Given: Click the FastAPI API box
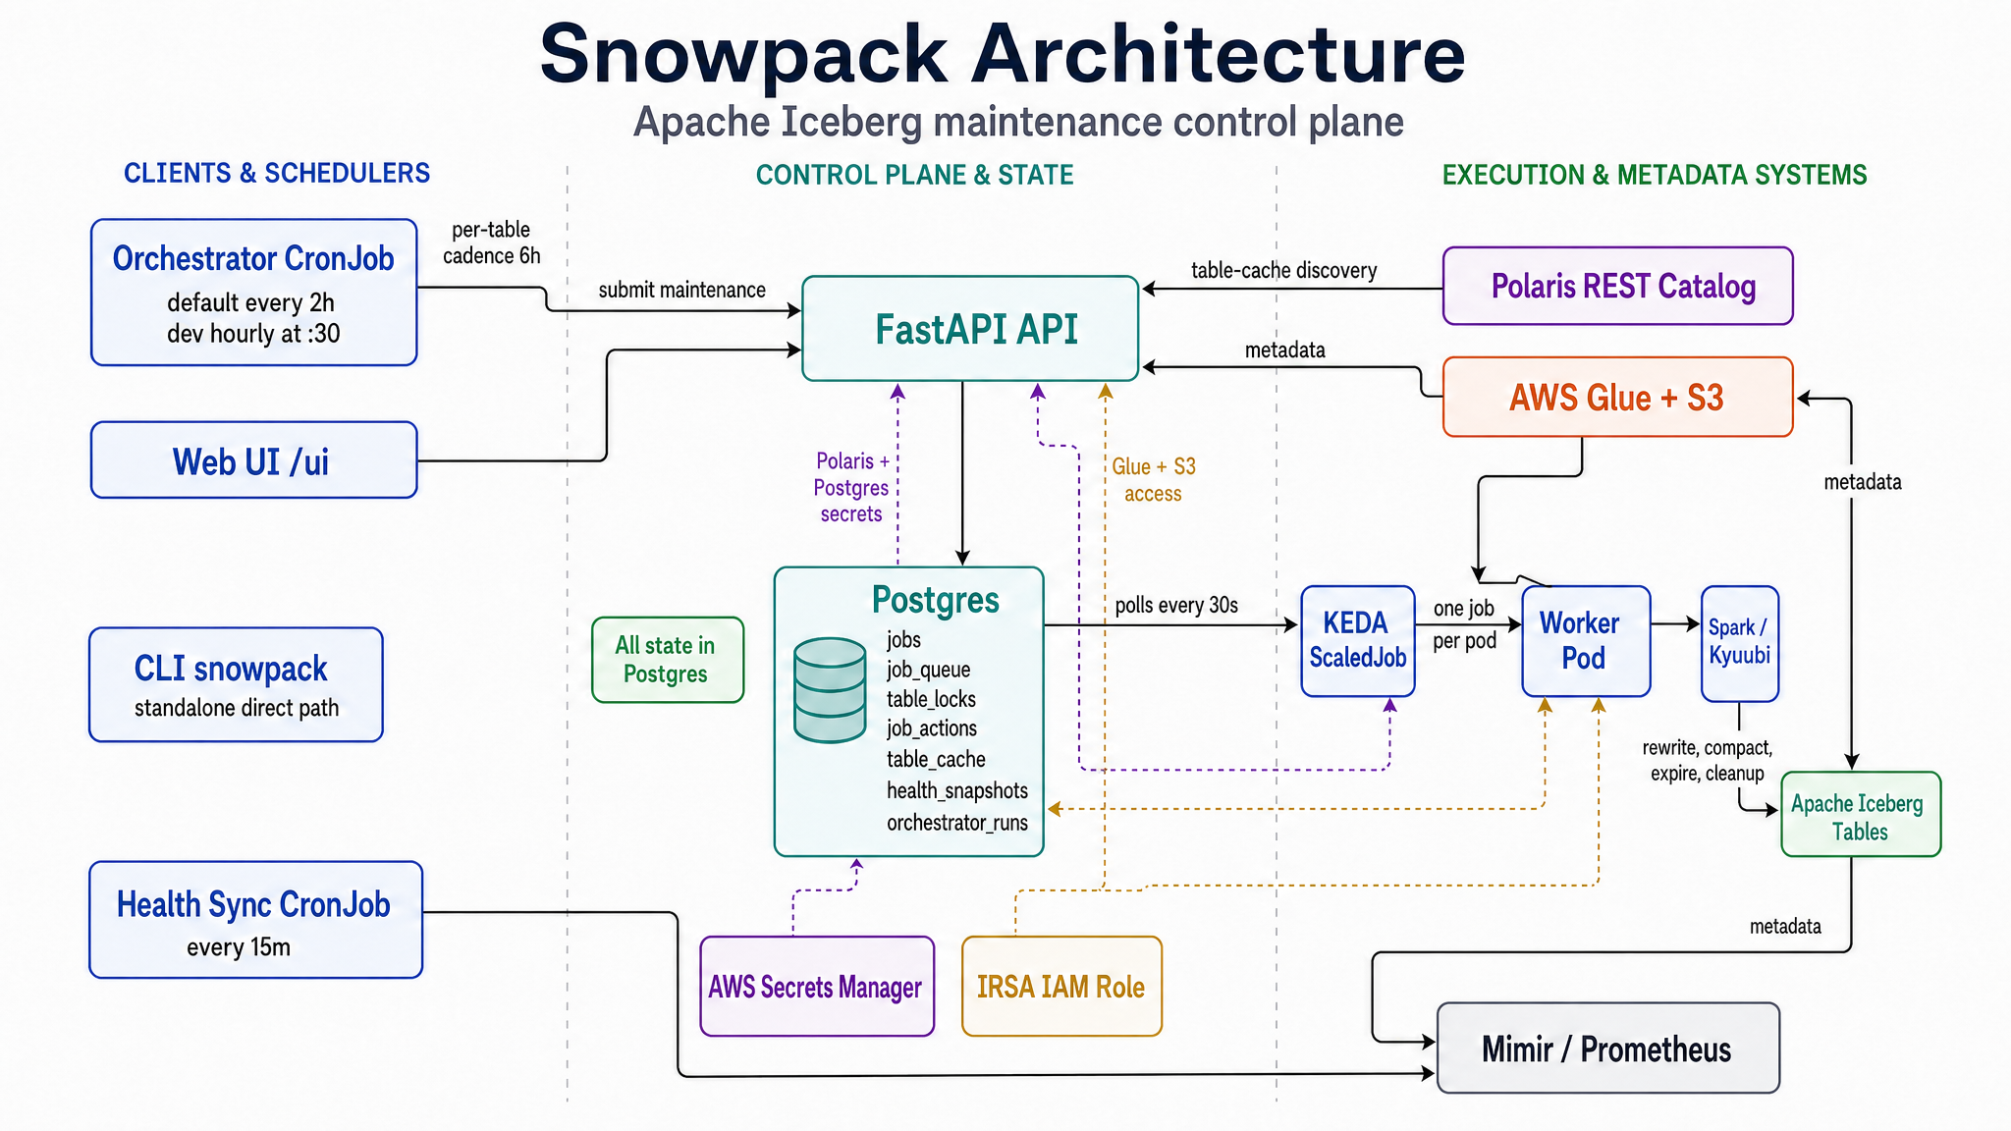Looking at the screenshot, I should click(970, 329).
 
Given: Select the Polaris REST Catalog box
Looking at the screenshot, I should click(1617, 286).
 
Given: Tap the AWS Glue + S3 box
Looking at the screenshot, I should click(1617, 397).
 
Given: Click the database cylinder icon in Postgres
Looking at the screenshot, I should click(830, 689).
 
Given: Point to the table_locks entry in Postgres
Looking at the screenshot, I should click(931, 699).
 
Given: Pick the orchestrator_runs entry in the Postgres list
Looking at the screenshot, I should click(956, 823).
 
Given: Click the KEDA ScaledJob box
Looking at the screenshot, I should click(1357, 641).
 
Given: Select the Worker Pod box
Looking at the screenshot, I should click(1585, 641).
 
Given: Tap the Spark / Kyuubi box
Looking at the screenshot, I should click(1739, 643).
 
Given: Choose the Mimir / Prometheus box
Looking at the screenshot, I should click(1607, 1049).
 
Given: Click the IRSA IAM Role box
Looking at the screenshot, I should click(1061, 987).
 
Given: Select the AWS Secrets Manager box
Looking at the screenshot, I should click(816, 987).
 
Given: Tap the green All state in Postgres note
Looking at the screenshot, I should click(667, 660).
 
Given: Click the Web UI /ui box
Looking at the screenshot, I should click(253, 460).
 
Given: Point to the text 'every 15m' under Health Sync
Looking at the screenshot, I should click(239, 947).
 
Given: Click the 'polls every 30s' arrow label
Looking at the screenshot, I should click(1175, 605).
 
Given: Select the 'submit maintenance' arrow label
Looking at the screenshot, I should click(681, 290).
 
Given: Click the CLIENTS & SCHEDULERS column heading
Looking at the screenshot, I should click(277, 174).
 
